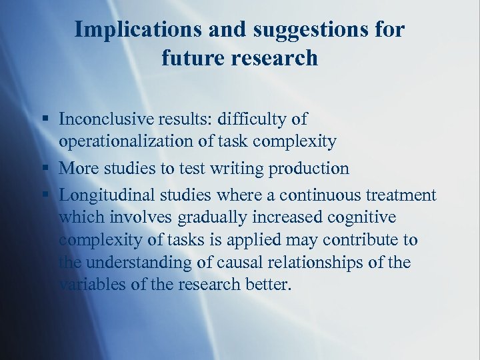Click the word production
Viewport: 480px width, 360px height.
309,169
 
